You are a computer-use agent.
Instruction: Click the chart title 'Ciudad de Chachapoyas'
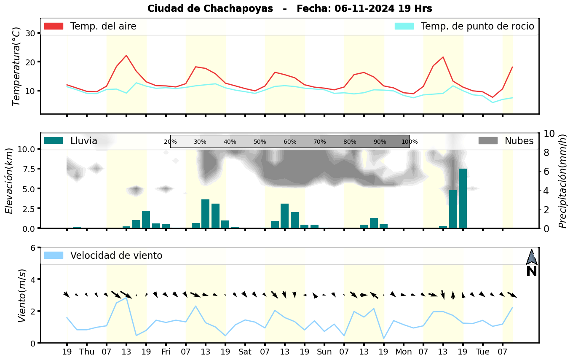(x=210, y=8)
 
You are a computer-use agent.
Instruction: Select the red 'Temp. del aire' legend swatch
(x=54, y=26)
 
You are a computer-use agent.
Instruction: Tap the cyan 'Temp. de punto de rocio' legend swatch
(x=404, y=26)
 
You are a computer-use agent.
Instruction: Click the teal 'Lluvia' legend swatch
(x=54, y=141)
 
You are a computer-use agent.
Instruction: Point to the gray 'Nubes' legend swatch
(x=488, y=141)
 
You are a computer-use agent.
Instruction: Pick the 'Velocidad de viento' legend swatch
(x=54, y=255)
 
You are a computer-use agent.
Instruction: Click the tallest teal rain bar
(x=463, y=198)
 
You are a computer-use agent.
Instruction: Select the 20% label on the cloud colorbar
(x=170, y=142)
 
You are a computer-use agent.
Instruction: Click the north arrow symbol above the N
(x=532, y=257)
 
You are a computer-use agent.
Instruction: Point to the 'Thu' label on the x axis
(x=87, y=352)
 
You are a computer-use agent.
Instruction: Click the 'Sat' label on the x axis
(x=245, y=352)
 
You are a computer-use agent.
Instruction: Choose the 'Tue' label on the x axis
(x=482, y=352)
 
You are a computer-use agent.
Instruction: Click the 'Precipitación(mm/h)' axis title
(x=563, y=180)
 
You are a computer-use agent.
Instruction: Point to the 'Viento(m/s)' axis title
(x=22, y=295)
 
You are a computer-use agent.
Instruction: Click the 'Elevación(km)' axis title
(x=9, y=180)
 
